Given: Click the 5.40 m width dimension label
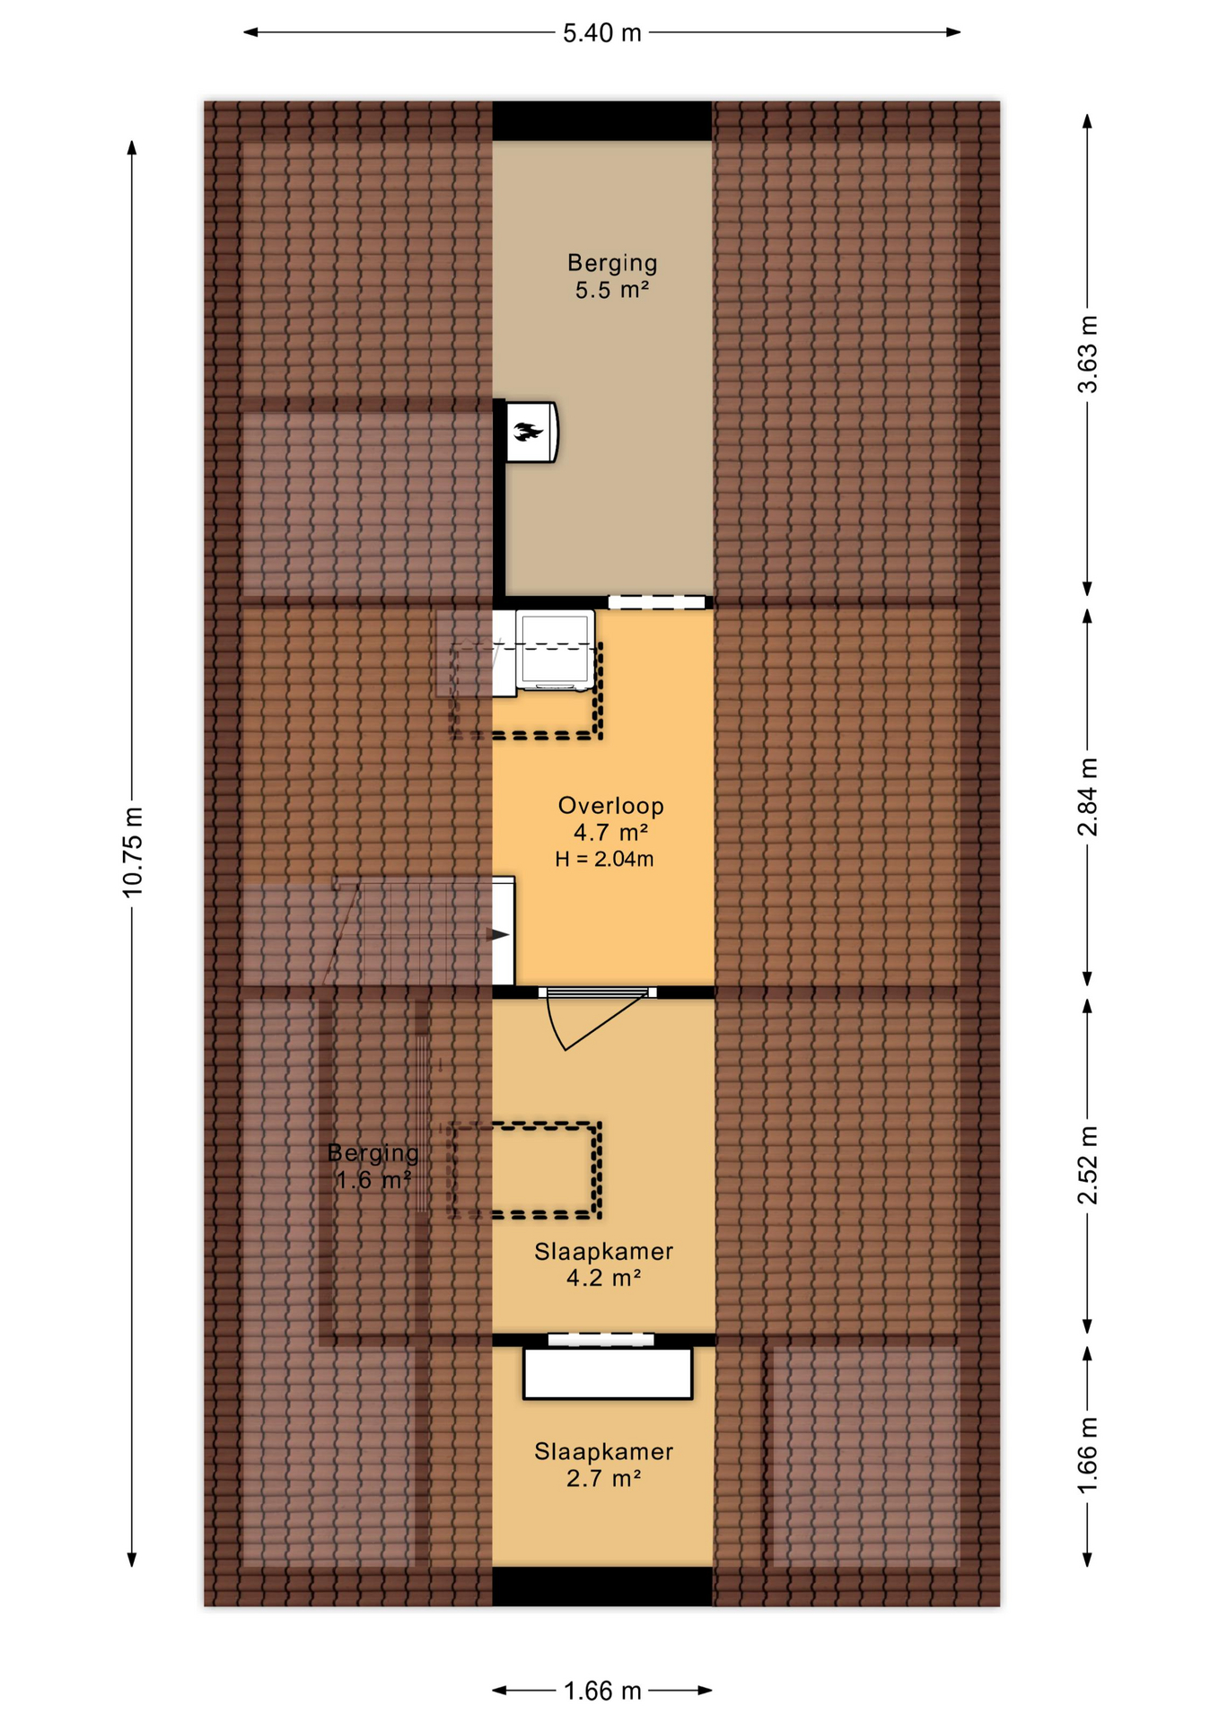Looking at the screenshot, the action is [601, 33].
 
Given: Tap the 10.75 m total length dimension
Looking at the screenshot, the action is [132, 852].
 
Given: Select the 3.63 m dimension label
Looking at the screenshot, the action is [1087, 354].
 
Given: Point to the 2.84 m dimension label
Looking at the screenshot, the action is [1087, 797].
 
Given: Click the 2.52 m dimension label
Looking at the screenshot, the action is [1087, 1165].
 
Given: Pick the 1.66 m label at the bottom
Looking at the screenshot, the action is [601, 1691].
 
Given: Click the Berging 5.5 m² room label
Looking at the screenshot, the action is [612, 276].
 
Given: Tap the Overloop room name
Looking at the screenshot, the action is [610, 806].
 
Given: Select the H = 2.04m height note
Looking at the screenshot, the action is [604, 859].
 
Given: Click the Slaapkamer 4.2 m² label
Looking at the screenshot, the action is [603, 1264].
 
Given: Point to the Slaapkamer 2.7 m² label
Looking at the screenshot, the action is [603, 1465].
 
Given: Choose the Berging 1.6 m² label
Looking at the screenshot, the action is [373, 1166].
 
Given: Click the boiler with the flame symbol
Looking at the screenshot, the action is [531, 432].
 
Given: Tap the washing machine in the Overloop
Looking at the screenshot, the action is [555, 651].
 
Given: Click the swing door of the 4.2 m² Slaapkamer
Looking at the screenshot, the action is [597, 1020].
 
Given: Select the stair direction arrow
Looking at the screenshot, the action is [497, 934].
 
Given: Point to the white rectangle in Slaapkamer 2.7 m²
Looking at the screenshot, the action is [608, 1373].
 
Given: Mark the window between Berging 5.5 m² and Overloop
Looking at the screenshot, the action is [656, 602].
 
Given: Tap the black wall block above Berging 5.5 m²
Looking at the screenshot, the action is [601, 120].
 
